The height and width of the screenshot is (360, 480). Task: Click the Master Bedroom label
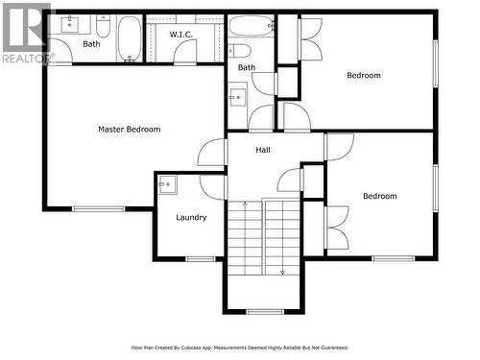(x=129, y=129)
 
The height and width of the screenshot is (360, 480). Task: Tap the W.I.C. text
(x=181, y=35)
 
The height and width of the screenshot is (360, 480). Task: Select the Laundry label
(x=191, y=217)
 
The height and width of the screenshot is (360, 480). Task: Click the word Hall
(x=262, y=150)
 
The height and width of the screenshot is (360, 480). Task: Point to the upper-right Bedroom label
(x=363, y=75)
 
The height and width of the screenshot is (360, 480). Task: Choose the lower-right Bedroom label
(x=379, y=196)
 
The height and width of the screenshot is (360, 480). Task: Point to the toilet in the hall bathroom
(x=240, y=51)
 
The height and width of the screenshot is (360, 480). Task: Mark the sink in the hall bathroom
(x=236, y=96)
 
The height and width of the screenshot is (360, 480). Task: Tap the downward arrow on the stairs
(x=282, y=272)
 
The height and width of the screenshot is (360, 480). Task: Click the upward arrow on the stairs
(x=245, y=204)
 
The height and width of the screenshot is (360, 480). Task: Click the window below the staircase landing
(x=264, y=311)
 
